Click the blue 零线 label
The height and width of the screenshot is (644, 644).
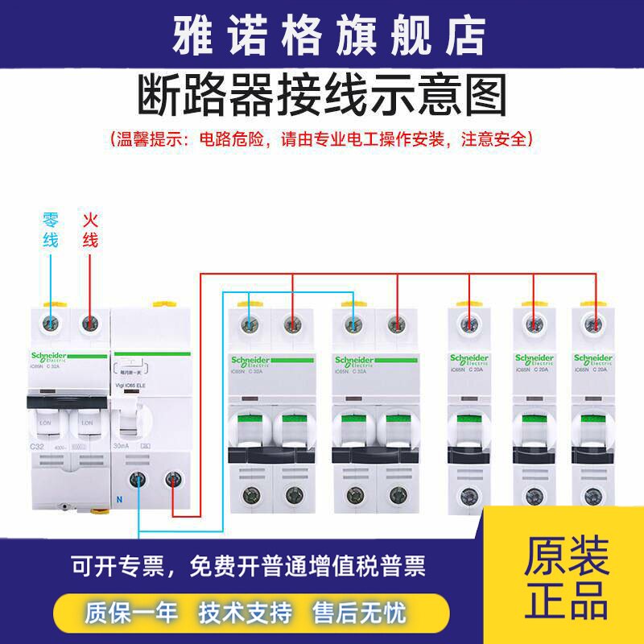click(51, 229)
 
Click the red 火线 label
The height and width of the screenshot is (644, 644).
click(89, 229)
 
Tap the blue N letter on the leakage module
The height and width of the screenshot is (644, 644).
click(119, 498)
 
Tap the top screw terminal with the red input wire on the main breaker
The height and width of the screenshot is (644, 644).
click(89, 324)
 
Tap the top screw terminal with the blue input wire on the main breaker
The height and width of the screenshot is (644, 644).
click(51, 324)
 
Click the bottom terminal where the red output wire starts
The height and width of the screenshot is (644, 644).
click(171, 481)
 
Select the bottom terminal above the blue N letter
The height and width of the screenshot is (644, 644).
click(138, 481)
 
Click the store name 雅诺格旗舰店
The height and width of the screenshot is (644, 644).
click(322, 34)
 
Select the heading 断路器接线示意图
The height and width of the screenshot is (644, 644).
click(322, 97)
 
